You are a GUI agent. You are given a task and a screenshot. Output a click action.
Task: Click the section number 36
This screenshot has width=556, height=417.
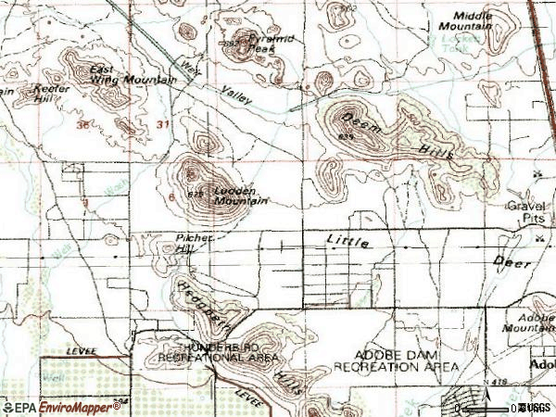click(x=86, y=124)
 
